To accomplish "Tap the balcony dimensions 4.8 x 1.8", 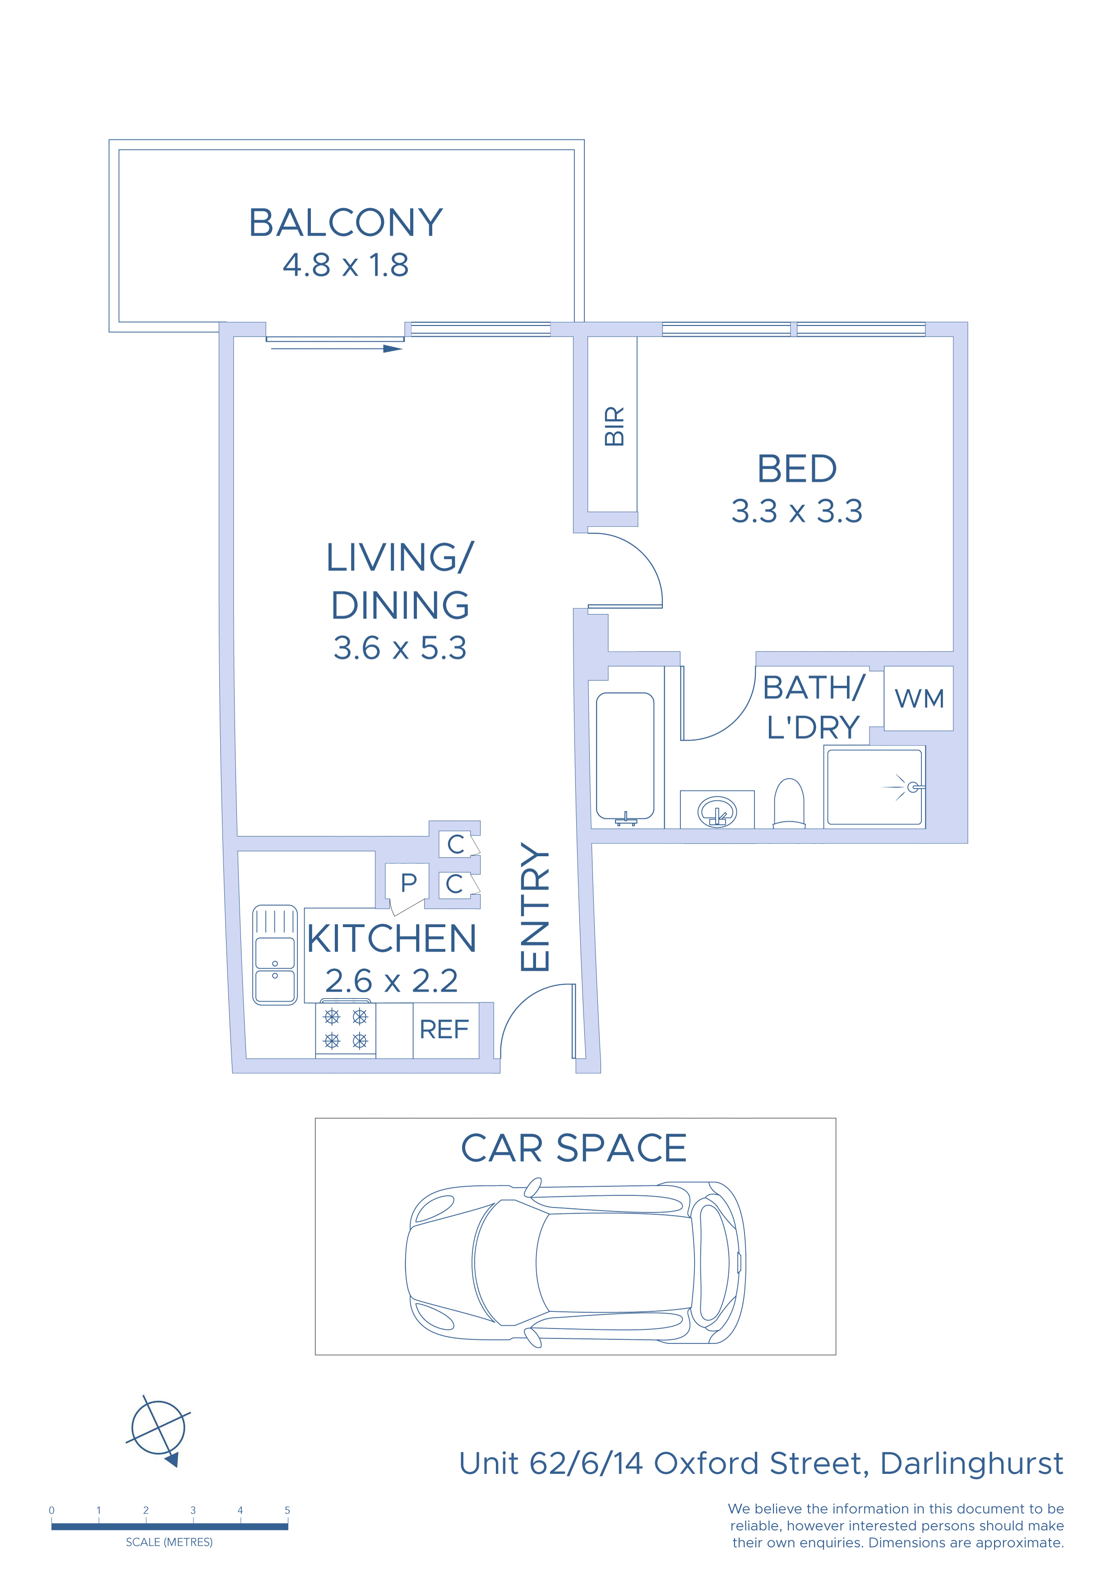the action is pyautogui.click(x=346, y=265).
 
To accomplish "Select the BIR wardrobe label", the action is pyautogui.click(x=614, y=426).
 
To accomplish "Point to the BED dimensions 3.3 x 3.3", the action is pyautogui.click(x=796, y=511).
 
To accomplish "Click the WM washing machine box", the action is pyautogui.click(x=918, y=698).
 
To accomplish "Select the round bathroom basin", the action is pyautogui.click(x=717, y=811).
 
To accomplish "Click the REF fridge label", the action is pyautogui.click(x=444, y=1030).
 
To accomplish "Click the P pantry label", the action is pyautogui.click(x=409, y=882).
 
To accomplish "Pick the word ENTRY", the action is pyautogui.click(x=534, y=907).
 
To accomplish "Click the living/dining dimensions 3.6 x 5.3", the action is pyautogui.click(x=400, y=648).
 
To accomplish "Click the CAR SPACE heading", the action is pyautogui.click(x=573, y=1148).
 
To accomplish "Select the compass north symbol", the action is pyautogui.click(x=158, y=1430).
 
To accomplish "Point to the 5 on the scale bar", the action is pyautogui.click(x=287, y=1510).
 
